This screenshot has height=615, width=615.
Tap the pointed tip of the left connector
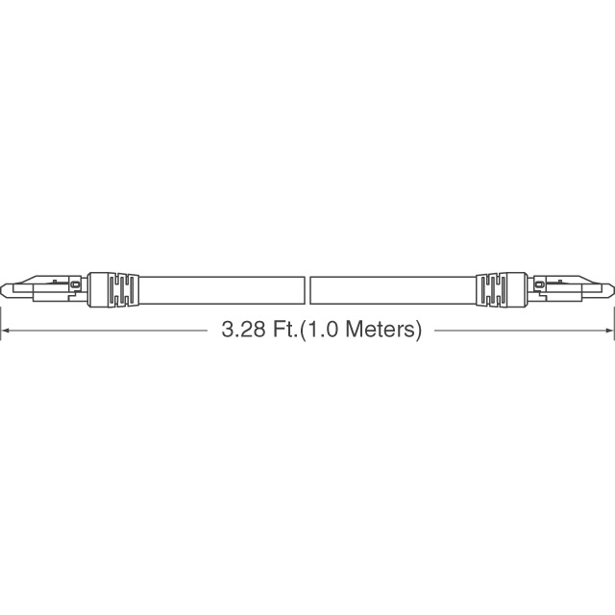(1, 291)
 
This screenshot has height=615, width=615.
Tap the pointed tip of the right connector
(613, 291)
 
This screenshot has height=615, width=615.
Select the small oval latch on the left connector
(76, 283)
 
